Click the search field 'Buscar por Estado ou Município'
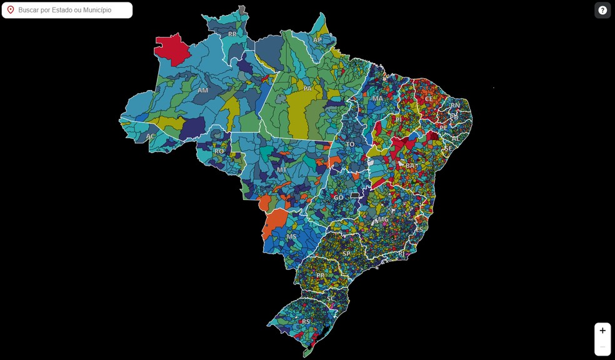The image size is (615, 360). click(72, 10)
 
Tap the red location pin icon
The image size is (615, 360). click(11, 10)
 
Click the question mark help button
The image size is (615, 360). click(602, 10)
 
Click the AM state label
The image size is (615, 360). click(203, 90)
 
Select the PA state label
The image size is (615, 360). click(307, 89)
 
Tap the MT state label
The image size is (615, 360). click(282, 169)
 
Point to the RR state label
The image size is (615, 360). click(232, 34)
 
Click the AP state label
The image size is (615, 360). click(317, 40)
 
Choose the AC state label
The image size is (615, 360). click(151, 136)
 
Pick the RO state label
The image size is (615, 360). click(219, 151)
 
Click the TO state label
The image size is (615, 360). click(350, 144)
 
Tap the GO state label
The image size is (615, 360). click(338, 197)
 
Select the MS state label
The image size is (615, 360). click(292, 236)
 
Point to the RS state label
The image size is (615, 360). click(306, 322)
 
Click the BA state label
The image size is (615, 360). click(410, 166)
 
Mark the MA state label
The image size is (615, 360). click(377, 98)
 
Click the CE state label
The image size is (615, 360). click(429, 99)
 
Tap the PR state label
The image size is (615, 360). click(321, 275)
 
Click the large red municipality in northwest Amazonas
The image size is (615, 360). click(173, 49)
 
